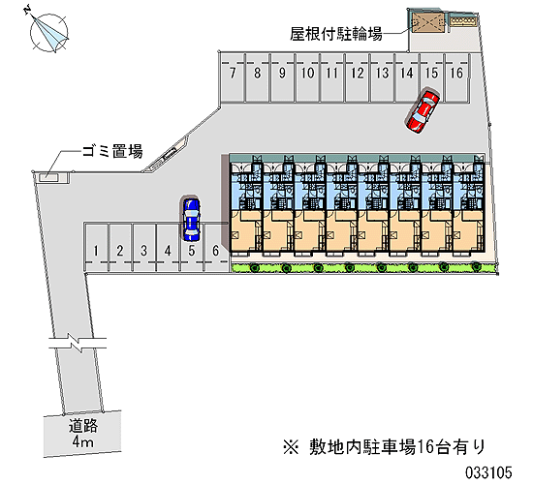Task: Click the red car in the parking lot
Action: [x=423, y=110]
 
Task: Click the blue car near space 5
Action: [x=191, y=219]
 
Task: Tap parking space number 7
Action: [x=233, y=77]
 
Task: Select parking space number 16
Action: [x=456, y=77]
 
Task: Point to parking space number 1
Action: [x=96, y=247]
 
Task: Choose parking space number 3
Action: [x=143, y=247]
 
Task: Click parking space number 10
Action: [x=307, y=77]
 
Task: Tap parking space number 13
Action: [x=383, y=77]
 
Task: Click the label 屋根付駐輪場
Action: [x=336, y=34]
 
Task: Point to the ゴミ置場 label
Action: [x=112, y=151]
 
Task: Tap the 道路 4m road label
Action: [x=83, y=434]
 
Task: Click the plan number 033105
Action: [x=488, y=472]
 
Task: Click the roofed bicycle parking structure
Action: [x=428, y=22]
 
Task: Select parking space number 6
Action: [x=216, y=247]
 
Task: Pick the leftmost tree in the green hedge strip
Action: [x=255, y=268]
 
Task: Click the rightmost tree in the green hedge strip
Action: [x=476, y=267]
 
